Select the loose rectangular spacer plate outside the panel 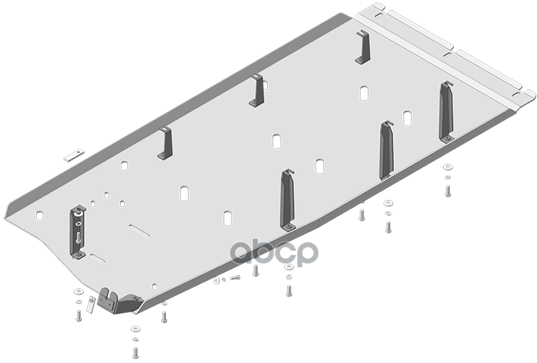click(74, 155)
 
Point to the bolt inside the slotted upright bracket click(79, 237)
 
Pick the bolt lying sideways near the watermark click(235, 277)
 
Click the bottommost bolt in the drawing click(136, 352)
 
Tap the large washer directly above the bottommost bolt click(136, 329)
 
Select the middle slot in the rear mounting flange click(448, 54)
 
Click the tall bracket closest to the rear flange click(446, 111)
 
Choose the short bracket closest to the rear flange click(363, 46)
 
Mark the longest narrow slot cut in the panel click(139, 230)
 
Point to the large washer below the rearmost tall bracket click(448, 167)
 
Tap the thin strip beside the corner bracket click(90, 304)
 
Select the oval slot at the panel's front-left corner click(40, 215)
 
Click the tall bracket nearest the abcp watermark click(288, 200)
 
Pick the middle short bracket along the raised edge click(257, 90)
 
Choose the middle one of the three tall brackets click(387, 150)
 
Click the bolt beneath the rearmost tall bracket click(448, 191)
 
